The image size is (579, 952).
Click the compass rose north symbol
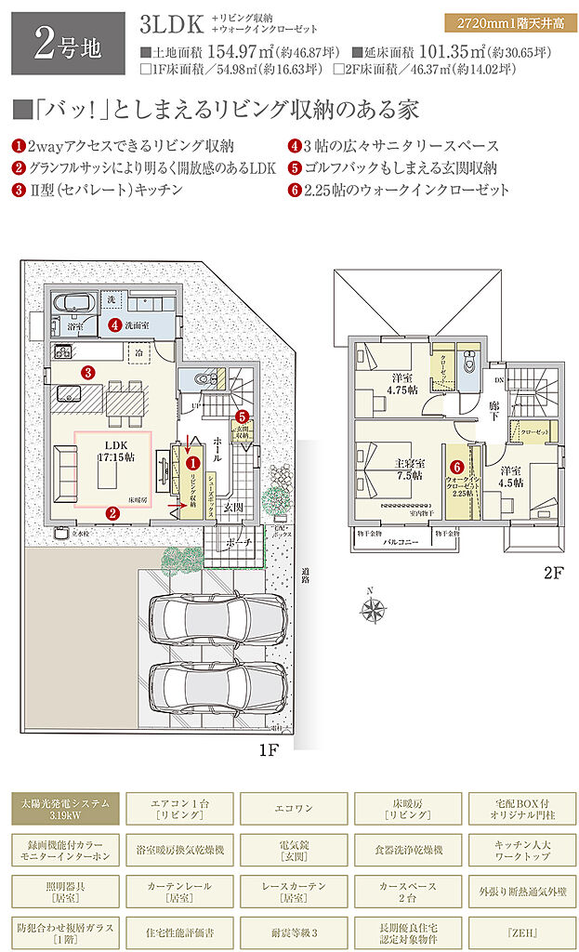[x=374, y=609]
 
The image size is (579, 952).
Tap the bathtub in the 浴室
[x=72, y=303]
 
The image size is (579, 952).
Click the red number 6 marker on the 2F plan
[x=456, y=468]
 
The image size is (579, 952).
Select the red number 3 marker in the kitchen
[x=87, y=372]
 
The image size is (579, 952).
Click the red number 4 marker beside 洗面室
[x=113, y=325]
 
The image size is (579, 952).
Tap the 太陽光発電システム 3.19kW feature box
[x=65, y=809]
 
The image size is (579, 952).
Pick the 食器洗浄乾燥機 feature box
[x=408, y=850]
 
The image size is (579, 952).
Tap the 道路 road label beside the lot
[x=305, y=576]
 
